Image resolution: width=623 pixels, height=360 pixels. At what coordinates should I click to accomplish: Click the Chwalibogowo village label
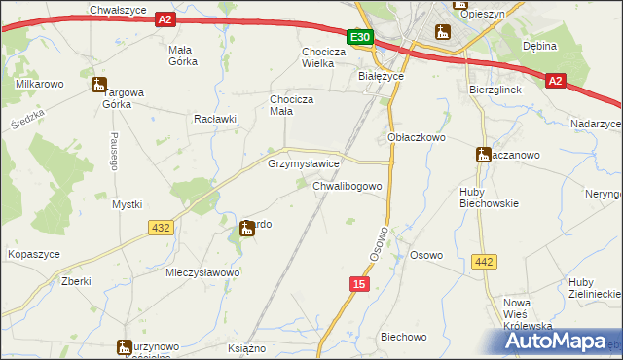point(352,184)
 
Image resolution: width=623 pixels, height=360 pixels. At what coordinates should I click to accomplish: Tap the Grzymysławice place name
point(304,164)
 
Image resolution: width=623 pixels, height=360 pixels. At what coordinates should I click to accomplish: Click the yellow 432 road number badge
point(162,227)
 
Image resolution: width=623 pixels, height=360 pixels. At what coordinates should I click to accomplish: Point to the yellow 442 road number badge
point(484,262)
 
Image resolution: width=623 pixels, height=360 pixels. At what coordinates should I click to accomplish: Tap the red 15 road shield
point(359,283)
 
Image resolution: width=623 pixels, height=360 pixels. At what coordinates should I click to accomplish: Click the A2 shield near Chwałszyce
point(165,18)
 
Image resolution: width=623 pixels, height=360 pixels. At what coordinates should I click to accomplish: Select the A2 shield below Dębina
point(554,82)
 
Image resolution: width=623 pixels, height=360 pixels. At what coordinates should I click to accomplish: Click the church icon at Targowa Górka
point(98,86)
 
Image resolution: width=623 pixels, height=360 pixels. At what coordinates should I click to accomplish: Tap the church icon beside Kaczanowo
point(483,154)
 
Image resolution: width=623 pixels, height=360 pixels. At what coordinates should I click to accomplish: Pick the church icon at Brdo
point(247,230)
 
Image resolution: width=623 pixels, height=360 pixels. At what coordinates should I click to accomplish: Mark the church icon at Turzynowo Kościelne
point(124,346)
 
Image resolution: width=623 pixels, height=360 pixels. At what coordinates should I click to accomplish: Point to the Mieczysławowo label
point(202,273)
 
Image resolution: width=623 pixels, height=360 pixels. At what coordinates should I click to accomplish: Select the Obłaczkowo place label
point(417,138)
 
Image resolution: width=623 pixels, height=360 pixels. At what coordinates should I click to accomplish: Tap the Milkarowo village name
point(40,84)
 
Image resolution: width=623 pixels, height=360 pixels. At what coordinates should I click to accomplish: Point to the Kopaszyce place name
point(34,254)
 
